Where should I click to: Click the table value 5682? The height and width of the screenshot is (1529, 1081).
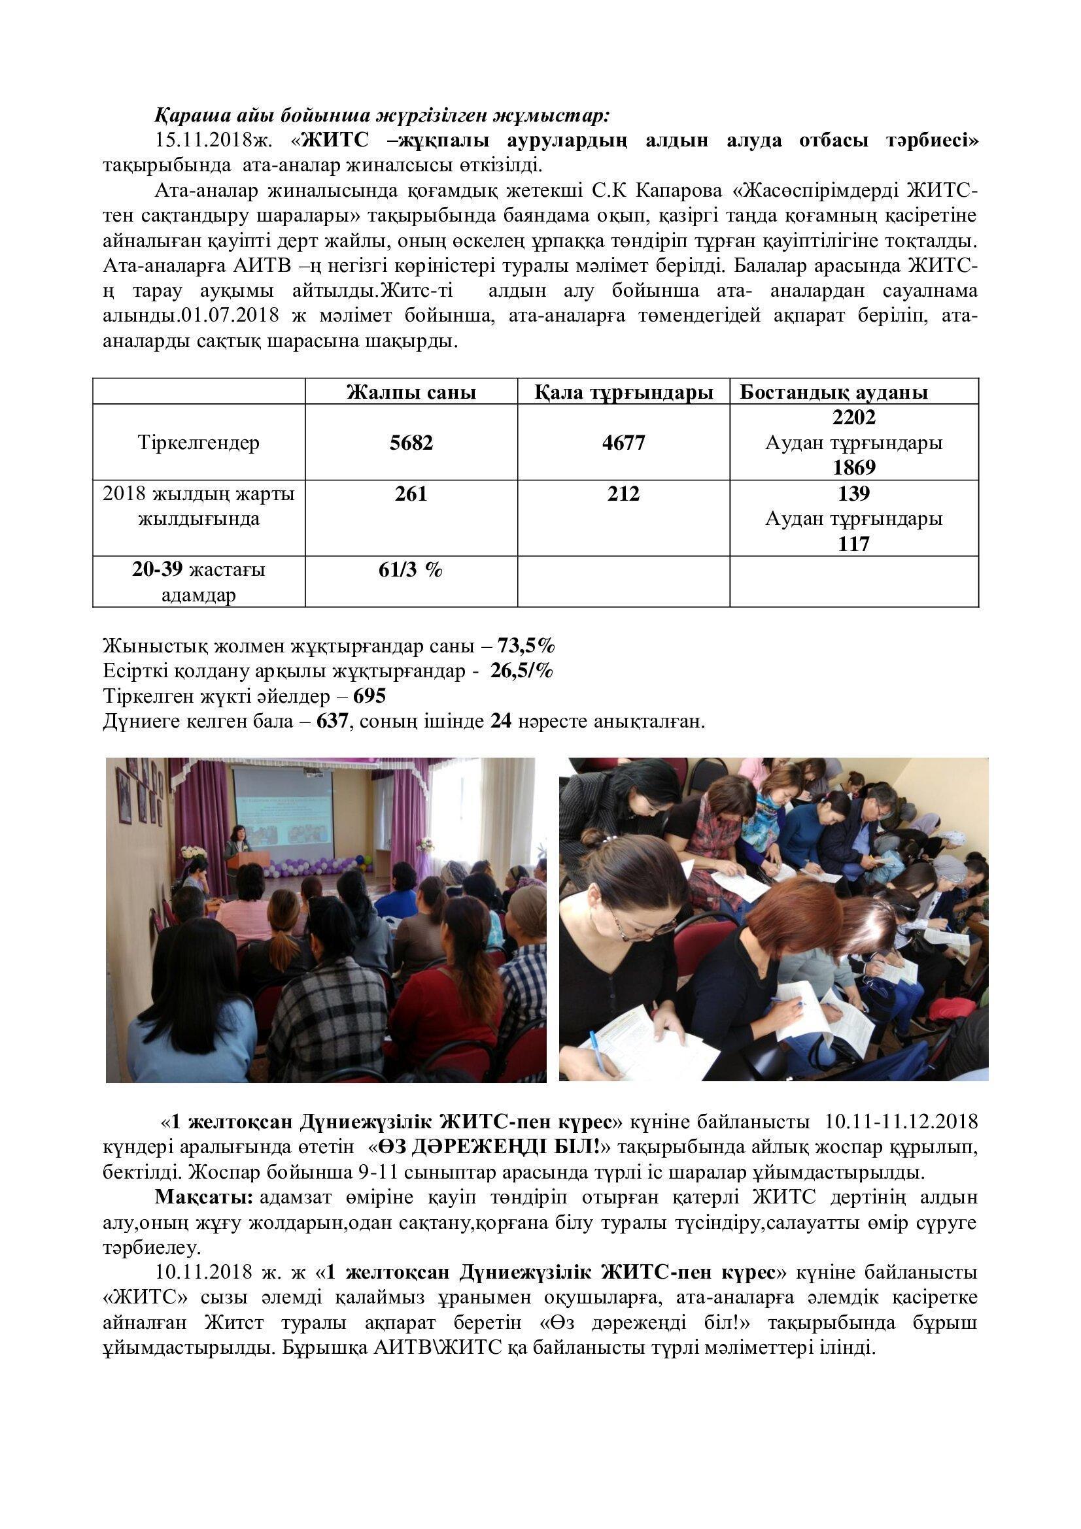point(411,443)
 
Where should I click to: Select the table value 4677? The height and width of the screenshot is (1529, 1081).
point(623,443)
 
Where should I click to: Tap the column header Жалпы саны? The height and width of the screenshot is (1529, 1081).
point(411,392)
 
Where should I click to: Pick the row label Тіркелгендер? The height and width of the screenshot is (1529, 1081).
point(199,443)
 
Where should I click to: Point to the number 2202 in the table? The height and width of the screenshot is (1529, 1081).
point(854,418)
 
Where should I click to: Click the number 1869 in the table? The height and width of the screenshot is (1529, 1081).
point(854,468)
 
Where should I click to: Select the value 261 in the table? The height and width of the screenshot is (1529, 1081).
point(411,494)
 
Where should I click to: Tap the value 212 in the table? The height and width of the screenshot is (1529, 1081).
point(623,494)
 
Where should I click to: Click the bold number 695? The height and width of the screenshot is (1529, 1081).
point(369,696)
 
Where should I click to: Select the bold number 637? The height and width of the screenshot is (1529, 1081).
point(332,721)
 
